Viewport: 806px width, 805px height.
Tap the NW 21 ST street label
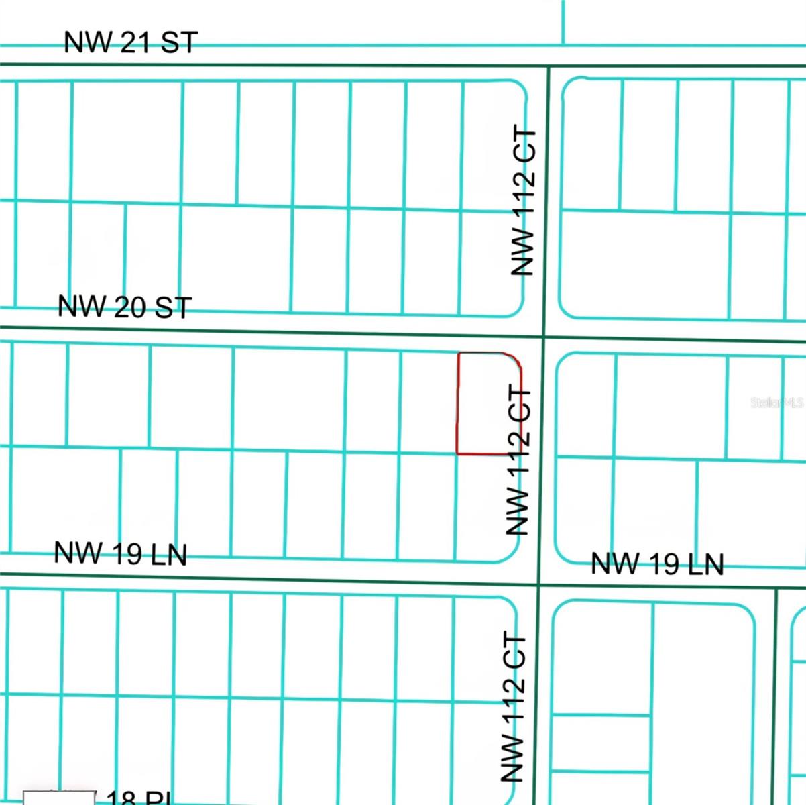click(x=131, y=42)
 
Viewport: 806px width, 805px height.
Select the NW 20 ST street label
click(x=125, y=307)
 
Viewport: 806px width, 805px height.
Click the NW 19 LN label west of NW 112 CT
click(x=120, y=554)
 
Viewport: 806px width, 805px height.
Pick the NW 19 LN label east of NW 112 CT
click(x=657, y=563)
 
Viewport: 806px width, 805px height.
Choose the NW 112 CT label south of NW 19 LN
click(x=513, y=707)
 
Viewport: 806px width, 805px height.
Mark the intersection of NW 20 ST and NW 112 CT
click(x=544, y=336)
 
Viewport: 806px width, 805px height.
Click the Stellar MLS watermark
click(x=776, y=402)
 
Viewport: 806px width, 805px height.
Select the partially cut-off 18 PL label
click(x=134, y=798)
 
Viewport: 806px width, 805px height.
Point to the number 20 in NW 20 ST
click(x=129, y=307)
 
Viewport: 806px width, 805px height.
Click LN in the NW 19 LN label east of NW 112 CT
click(x=704, y=564)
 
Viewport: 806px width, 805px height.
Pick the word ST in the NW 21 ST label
click(x=180, y=43)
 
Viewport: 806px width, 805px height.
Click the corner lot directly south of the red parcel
click(x=487, y=506)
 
